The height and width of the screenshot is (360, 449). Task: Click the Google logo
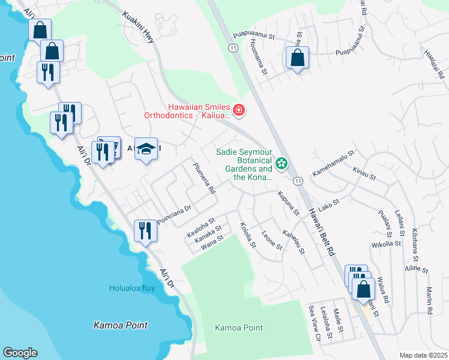tap(20, 353)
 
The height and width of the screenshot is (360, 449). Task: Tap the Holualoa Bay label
tap(132, 288)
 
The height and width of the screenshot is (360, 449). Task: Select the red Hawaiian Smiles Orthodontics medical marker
tap(239, 110)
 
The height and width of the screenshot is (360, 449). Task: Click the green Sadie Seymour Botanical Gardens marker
tap(281, 163)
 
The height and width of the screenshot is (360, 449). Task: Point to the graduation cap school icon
tap(146, 149)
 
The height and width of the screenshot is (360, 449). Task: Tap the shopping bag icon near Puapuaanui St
tap(297, 58)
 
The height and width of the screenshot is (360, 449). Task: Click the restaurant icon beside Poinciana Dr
tap(145, 230)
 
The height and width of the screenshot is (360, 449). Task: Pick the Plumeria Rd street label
tap(204, 178)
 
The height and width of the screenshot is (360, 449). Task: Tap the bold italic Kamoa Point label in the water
tap(121, 325)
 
